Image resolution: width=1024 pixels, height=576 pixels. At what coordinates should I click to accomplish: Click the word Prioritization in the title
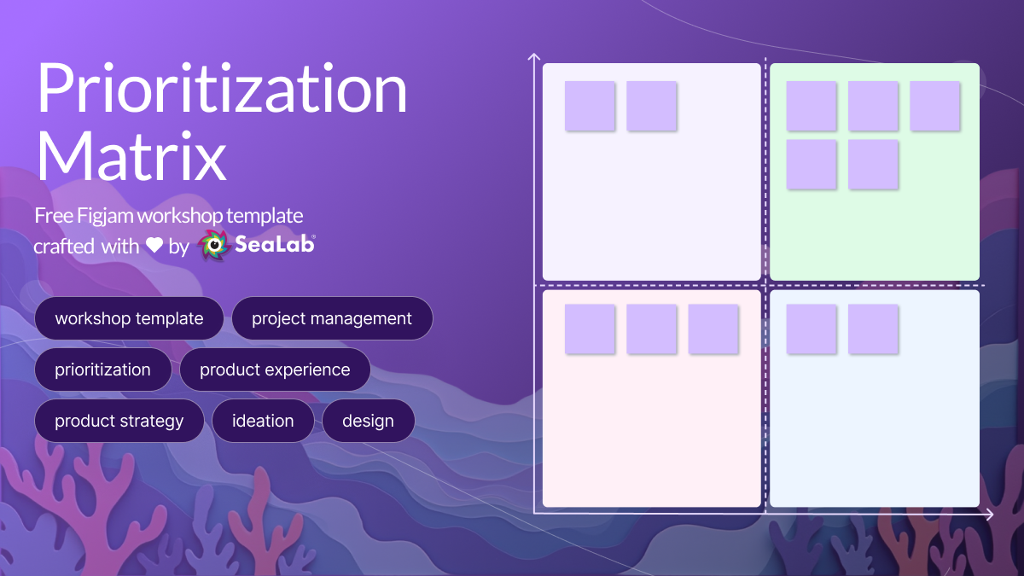[222, 88]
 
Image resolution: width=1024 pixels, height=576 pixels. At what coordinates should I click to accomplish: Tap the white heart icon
[154, 245]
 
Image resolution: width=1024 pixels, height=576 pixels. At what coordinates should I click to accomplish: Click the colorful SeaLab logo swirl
[214, 245]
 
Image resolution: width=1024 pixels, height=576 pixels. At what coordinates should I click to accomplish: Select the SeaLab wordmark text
[275, 244]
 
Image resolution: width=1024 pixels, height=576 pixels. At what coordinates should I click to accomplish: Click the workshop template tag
[129, 318]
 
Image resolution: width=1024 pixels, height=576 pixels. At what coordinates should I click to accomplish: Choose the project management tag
[332, 318]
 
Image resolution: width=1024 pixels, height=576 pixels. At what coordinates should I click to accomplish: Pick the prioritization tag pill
[103, 369]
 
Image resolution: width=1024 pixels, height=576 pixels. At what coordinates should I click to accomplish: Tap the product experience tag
[275, 369]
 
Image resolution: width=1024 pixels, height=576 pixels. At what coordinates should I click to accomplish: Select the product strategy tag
[119, 421]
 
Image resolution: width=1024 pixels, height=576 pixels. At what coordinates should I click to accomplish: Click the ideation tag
[263, 421]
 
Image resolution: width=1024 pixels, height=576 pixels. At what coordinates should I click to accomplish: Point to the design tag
[368, 421]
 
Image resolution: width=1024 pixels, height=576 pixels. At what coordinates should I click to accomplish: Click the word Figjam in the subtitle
[105, 216]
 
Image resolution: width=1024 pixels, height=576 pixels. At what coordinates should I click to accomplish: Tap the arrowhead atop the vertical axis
[534, 56]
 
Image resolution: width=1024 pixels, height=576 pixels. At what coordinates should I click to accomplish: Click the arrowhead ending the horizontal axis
[989, 515]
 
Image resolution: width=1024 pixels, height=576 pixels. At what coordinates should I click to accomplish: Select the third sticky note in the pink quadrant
[713, 329]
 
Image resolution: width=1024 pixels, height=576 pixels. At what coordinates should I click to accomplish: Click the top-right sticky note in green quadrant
[935, 106]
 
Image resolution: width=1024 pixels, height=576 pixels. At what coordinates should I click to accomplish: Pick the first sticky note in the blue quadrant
[812, 329]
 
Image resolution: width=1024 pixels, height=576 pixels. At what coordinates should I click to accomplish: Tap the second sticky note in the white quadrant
[651, 106]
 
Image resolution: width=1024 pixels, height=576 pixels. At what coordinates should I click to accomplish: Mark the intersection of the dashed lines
[765, 285]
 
